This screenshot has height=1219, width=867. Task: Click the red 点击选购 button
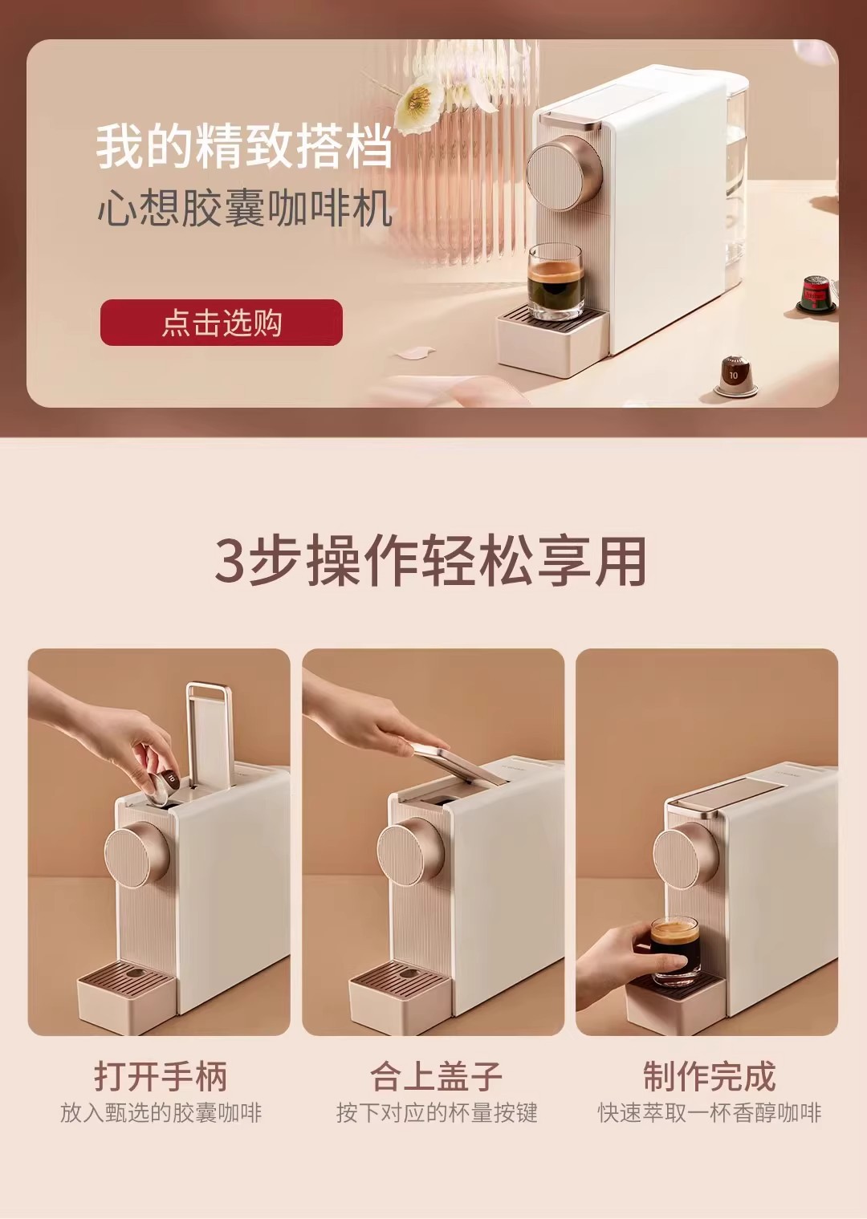[221, 322]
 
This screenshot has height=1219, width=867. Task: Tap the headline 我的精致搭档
[244, 147]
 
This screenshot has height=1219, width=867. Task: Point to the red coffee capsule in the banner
[816, 295]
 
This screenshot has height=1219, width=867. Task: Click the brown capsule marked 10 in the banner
[736, 376]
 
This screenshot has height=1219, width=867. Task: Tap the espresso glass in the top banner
[556, 282]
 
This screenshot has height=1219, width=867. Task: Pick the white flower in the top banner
[419, 106]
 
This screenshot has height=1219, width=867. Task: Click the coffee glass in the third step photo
[675, 952]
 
